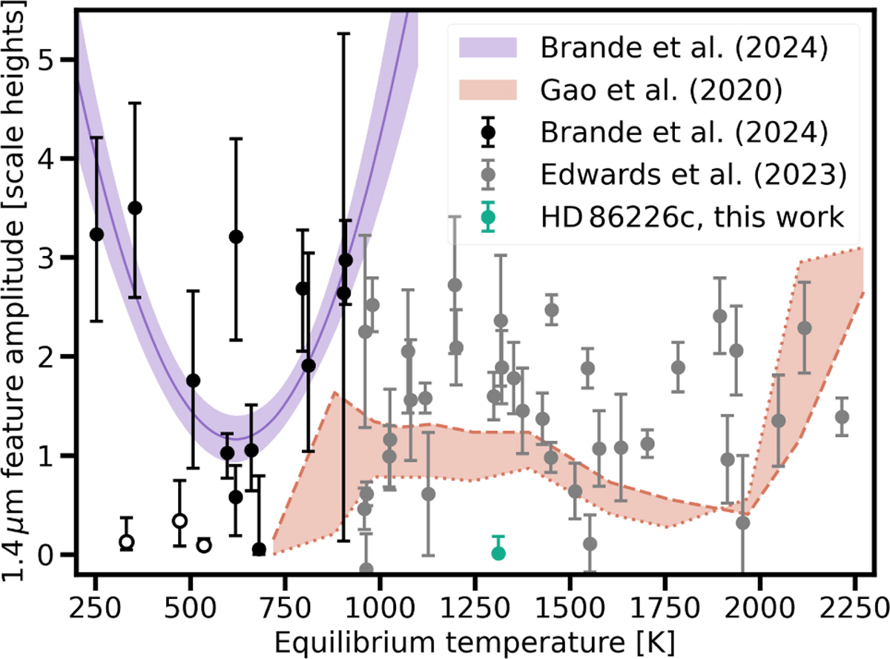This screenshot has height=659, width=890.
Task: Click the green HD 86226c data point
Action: click(x=498, y=552)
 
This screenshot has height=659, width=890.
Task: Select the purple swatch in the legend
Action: click(x=487, y=49)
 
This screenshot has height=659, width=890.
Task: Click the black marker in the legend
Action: click(x=487, y=134)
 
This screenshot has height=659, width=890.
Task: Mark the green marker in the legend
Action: click(x=487, y=218)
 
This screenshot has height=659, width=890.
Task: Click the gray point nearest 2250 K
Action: click(x=842, y=416)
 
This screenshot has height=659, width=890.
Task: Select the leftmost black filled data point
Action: click(x=96, y=234)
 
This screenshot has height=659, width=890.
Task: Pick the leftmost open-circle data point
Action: click(x=127, y=542)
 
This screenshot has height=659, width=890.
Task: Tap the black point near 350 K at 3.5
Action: click(x=135, y=208)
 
